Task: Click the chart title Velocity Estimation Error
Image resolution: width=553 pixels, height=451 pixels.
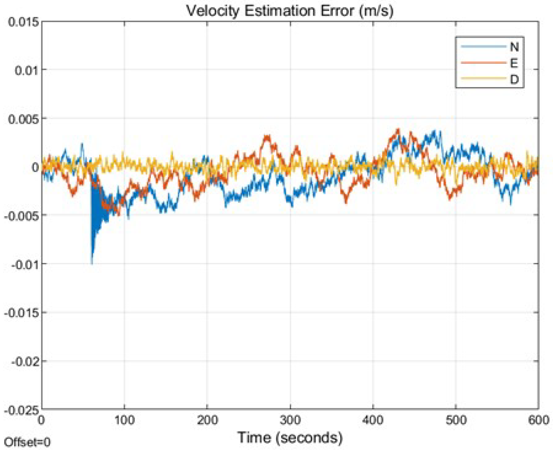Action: (x=289, y=11)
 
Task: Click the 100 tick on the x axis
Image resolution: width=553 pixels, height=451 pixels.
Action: (x=124, y=420)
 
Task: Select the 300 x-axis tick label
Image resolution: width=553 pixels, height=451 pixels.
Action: (x=290, y=420)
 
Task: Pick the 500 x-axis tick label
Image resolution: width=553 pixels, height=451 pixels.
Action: (x=456, y=420)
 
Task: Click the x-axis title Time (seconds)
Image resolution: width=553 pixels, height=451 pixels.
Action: (x=290, y=438)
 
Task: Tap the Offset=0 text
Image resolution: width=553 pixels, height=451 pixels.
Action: (x=27, y=442)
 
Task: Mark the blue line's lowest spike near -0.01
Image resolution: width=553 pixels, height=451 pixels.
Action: (x=92, y=263)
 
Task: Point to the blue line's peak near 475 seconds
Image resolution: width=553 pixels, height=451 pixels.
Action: (x=435, y=131)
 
